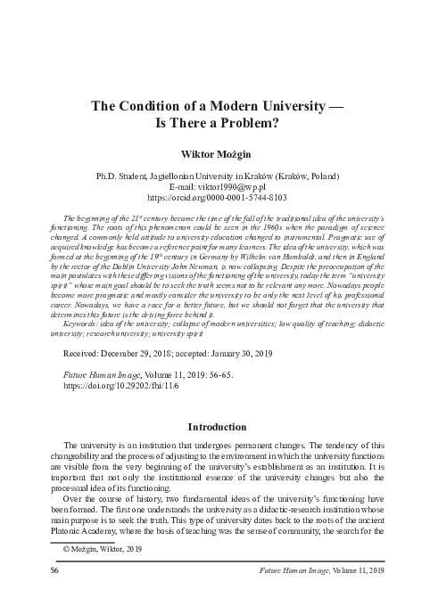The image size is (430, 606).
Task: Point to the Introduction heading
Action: pyautogui.click(x=215, y=427)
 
